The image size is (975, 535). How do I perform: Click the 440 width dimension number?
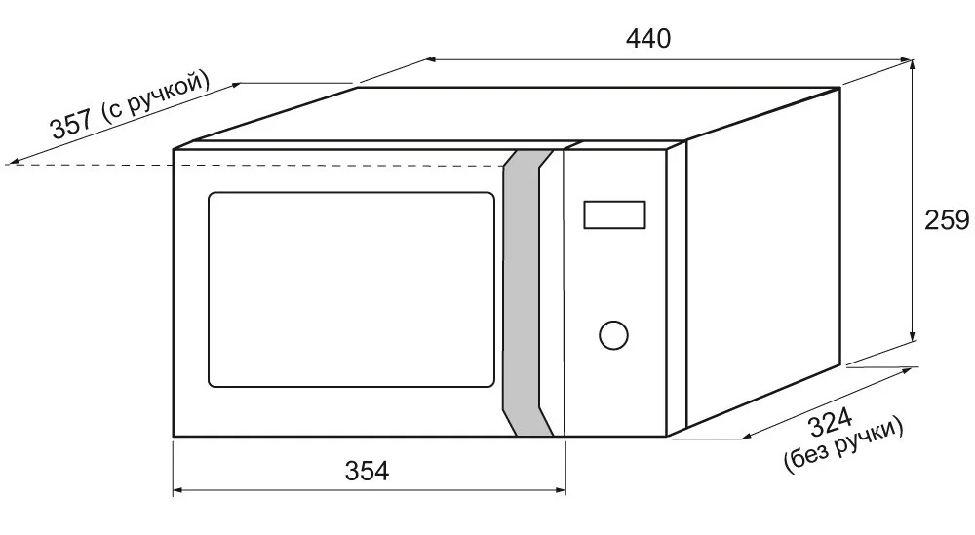(x=648, y=39)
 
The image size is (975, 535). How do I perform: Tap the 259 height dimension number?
(x=947, y=220)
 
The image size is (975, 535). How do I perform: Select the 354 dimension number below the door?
(x=367, y=471)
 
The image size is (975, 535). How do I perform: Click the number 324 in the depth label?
(x=831, y=423)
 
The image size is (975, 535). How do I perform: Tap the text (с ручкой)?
(x=155, y=94)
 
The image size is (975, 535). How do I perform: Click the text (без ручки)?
(x=844, y=446)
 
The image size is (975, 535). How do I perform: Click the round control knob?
(x=613, y=335)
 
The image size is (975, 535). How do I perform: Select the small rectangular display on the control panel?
(x=614, y=215)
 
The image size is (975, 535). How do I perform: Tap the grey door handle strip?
(x=527, y=292)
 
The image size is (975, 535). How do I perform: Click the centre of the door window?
(x=351, y=289)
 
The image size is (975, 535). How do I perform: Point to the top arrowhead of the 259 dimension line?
(x=913, y=64)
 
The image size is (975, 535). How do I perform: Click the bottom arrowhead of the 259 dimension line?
(x=913, y=335)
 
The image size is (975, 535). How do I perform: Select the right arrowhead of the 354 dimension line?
(x=560, y=490)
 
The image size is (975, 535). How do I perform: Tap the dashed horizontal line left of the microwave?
(x=254, y=165)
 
